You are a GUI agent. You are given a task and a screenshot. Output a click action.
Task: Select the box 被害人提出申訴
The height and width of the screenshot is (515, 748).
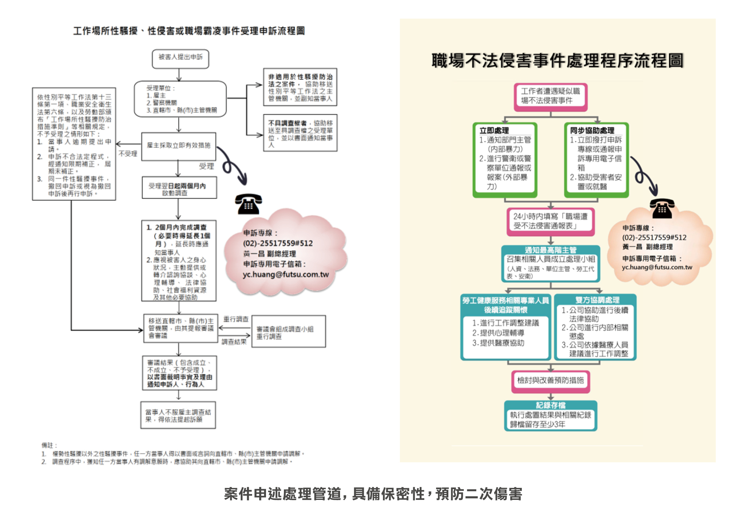click(181, 58)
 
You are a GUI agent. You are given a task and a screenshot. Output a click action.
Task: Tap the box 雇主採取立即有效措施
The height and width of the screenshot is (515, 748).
click(179, 146)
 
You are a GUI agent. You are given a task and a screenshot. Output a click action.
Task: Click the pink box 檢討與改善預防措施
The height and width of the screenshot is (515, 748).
click(550, 381)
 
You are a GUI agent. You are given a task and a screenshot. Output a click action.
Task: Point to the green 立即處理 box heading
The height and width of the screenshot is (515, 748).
click(494, 130)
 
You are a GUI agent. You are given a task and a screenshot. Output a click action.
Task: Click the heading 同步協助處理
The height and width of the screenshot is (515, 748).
click(592, 130)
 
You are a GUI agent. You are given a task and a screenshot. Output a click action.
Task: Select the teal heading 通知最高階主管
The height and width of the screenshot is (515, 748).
click(550, 250)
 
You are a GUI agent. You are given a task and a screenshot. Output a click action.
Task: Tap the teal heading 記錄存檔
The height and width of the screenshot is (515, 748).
click(550, 405)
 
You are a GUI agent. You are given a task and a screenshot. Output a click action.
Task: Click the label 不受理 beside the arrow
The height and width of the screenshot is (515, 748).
click(128, 154)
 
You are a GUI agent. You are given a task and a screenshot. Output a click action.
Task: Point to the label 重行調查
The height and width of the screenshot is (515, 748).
click(236, 319)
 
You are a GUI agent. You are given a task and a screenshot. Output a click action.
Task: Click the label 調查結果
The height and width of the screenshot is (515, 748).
click(234, 342)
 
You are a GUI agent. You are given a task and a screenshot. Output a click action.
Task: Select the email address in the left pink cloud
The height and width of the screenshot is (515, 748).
click(285, 274)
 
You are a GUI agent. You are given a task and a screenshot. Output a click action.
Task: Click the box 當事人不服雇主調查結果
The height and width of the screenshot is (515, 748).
click(178, 415)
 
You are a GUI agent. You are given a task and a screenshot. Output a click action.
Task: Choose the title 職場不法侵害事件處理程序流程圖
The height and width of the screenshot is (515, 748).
click(557, 60)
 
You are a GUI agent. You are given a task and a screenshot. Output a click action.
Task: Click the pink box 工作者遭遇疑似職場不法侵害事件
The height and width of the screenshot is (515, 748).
click(550, 96)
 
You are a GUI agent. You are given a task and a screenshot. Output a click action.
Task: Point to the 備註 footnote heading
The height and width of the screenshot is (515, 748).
click(49, 445)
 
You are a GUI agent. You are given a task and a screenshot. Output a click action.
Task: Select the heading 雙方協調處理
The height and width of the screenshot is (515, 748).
click(597, 300)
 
